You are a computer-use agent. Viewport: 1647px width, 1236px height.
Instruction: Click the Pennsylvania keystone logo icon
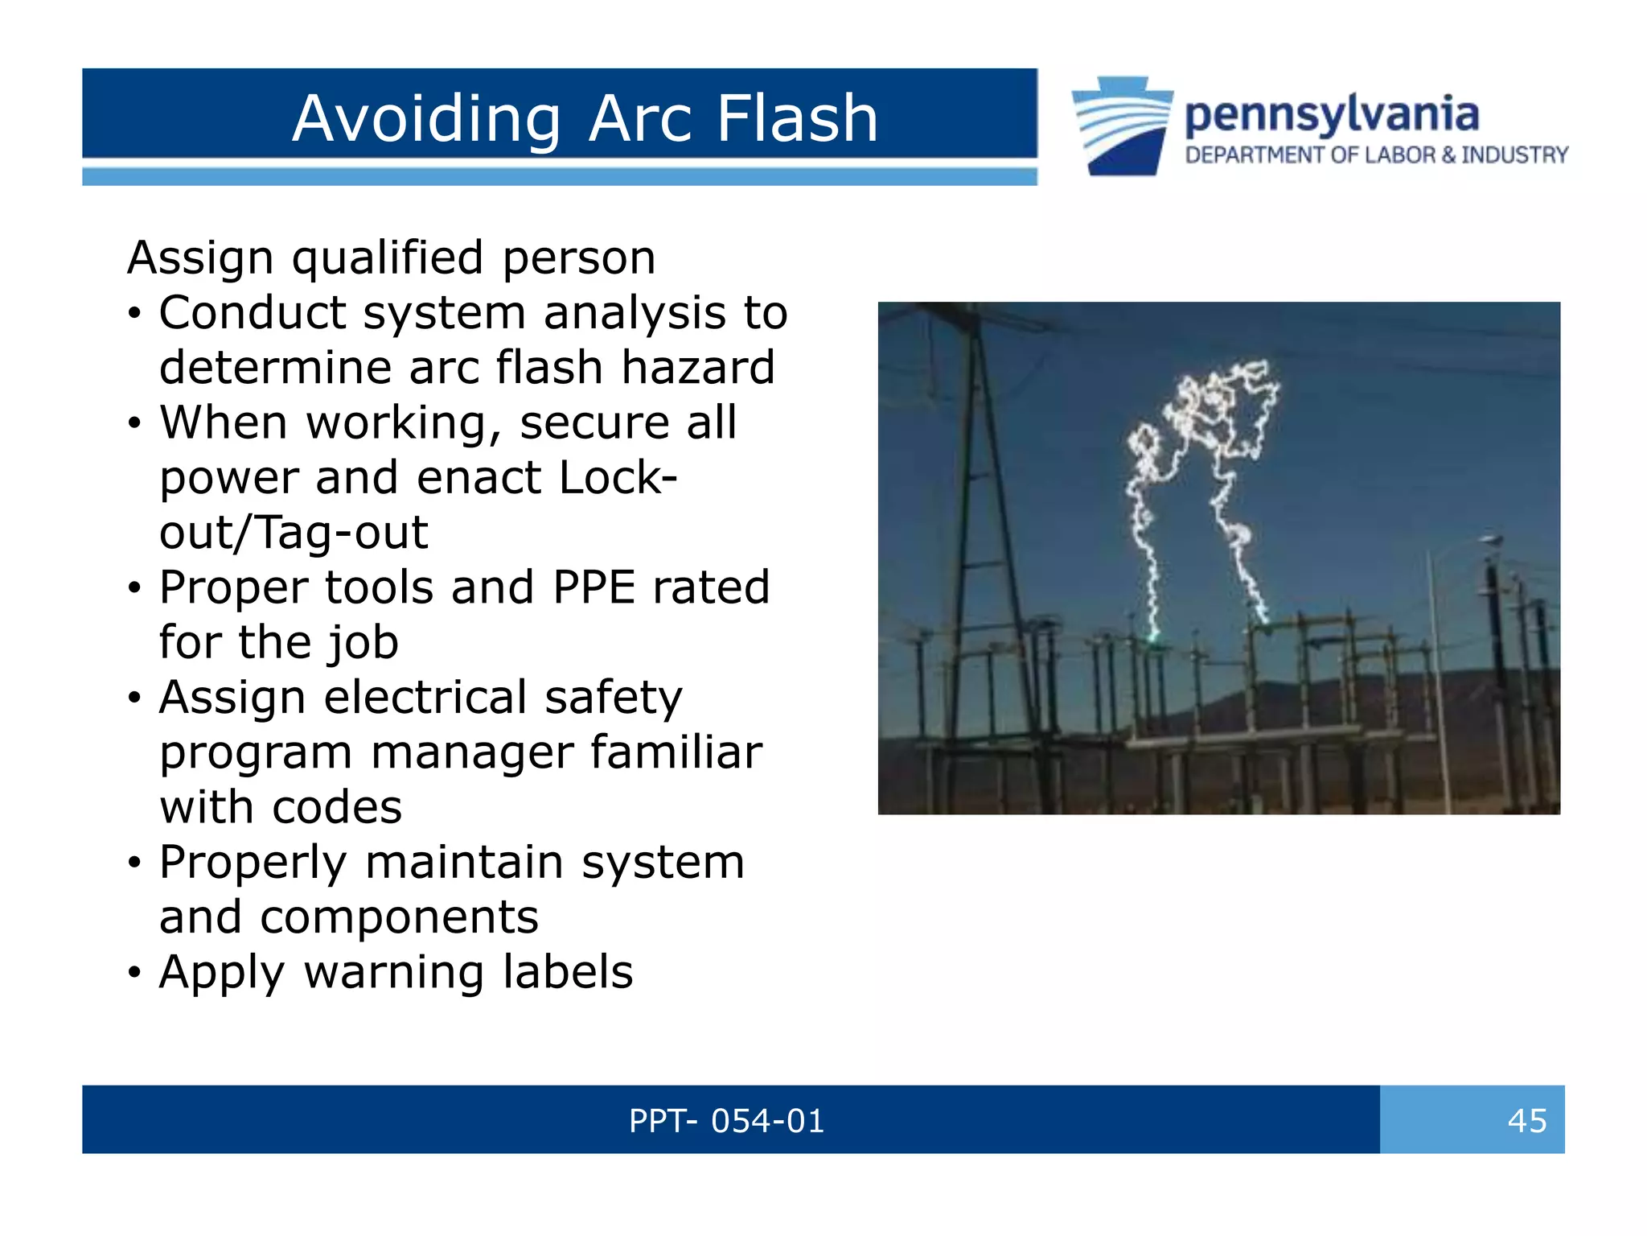(1122, 126)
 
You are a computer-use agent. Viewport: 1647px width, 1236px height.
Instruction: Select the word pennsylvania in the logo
(1331, 114)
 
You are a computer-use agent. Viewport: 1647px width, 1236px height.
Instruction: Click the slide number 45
(1526, 1120)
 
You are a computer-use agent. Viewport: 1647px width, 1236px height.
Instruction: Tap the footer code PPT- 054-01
(726, 1120)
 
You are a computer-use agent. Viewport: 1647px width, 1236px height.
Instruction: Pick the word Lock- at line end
(618, 477)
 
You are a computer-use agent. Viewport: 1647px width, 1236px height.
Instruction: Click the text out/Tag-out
(294, 532)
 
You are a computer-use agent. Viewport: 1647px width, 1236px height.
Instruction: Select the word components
(399, 917)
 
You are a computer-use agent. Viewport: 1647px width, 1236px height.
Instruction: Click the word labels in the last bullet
(568, 972)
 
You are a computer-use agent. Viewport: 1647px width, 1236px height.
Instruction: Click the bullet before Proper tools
(135, 589)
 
